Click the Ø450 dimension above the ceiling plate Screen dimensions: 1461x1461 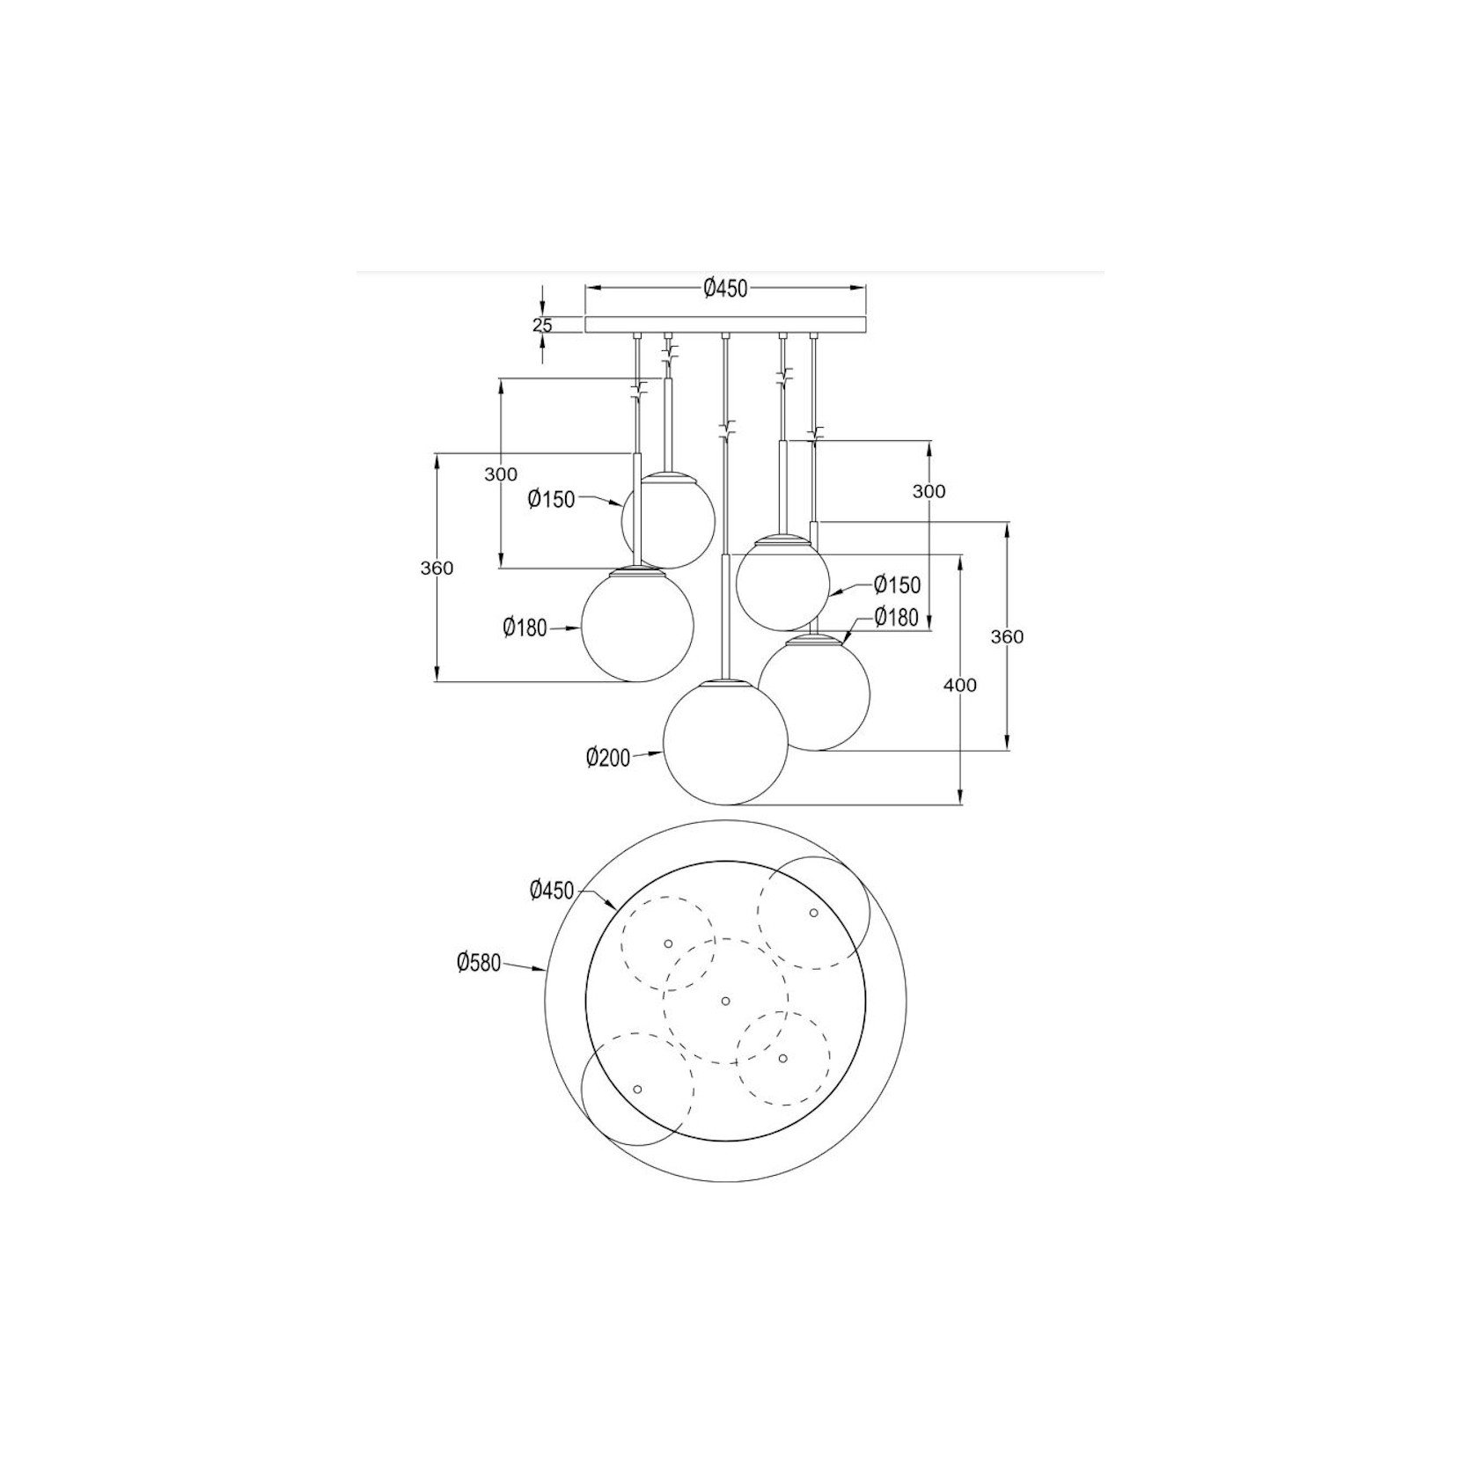(725, 288)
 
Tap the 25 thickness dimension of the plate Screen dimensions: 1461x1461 (543, 325)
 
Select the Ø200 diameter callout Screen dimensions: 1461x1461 (608, 757)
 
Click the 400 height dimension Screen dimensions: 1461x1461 (959, 685)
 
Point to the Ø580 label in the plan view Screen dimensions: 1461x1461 (478, 963)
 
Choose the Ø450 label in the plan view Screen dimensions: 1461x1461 (552, 891)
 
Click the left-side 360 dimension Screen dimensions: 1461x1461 (437, 568)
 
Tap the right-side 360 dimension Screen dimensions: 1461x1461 (1007, 636)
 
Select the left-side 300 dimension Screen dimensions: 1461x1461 (501, 474)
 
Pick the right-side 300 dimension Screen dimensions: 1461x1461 (929, 491)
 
